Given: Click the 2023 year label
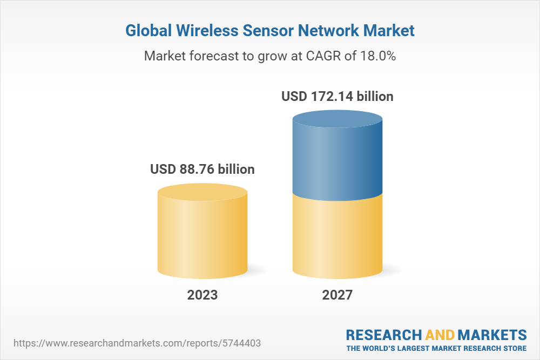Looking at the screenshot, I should click(x=202, y=295).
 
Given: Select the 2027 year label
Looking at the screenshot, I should click(x=337, y=295).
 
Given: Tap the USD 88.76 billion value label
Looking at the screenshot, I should click(x=202, y=169).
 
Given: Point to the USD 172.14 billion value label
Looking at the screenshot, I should click(x=337, y=97).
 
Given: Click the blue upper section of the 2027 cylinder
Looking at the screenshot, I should click(x=337, y=157).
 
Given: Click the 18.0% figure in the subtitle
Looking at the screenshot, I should click(x=377, y=56).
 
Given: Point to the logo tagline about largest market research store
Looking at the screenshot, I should click(x=436, y=348).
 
